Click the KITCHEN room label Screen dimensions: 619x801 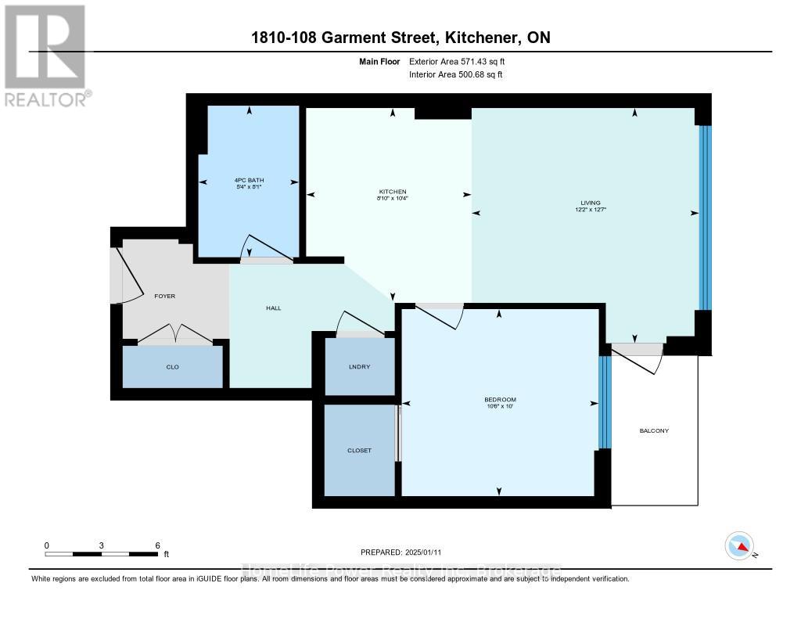392,192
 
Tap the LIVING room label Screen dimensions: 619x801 586,203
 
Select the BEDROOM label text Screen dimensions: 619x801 499,400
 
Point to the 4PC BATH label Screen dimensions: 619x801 250,180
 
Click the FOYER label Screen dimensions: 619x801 164,296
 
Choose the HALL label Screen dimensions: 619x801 274,308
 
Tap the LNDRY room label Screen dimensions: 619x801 359,367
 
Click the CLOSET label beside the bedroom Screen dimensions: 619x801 359,451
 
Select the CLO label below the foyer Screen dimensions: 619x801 173,367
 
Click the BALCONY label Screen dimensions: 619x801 654,431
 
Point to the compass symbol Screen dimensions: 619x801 739,545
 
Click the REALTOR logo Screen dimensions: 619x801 45,55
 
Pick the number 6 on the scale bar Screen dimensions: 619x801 157,545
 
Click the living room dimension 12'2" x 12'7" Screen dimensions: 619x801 586,210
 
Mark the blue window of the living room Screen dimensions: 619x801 705,218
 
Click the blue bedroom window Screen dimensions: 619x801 603,402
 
